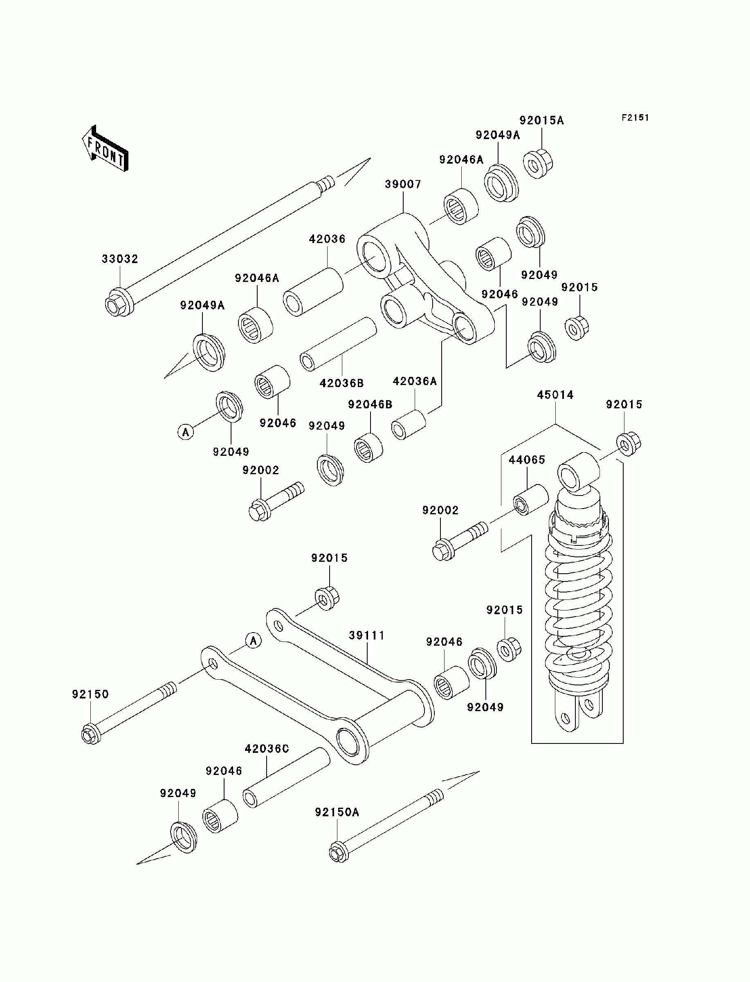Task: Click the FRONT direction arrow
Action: point(106,148)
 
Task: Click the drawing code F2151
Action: point(635,118)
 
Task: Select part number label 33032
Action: point(120,259)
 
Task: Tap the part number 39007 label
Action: point(403,185)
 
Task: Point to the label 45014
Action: point(555,395)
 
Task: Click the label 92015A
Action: point(541,121)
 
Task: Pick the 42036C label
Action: point(267,749)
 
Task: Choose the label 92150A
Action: point(337,812)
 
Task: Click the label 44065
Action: point(527,460)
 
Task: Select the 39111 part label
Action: point(366,635)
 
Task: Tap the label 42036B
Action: point(341,383)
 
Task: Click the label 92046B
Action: point(370,405)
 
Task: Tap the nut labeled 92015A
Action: point(538,164)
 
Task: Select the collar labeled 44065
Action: point(530,500)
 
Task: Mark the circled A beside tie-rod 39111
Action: point(254,641)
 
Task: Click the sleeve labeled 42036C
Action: point(286,777)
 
